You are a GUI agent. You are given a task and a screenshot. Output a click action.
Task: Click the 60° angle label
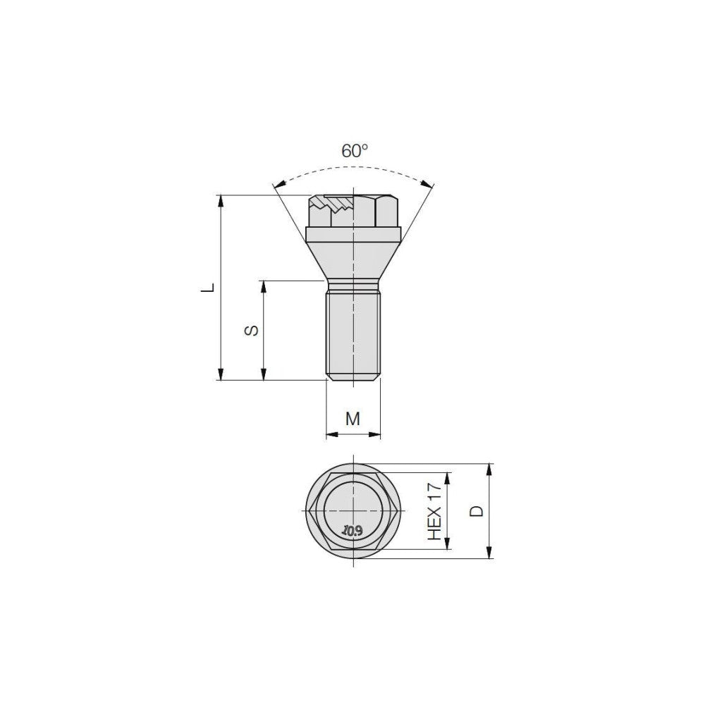355,151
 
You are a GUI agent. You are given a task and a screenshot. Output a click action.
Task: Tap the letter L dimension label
207,288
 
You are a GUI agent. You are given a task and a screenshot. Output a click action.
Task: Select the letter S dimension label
252,330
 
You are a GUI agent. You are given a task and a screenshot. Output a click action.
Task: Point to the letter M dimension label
353,419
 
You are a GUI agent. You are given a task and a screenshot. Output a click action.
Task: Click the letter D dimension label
476,511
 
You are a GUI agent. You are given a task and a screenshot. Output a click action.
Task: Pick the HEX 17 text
435,511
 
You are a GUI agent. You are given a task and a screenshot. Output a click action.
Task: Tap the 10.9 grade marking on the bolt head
352,531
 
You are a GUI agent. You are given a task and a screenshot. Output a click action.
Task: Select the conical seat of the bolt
353,260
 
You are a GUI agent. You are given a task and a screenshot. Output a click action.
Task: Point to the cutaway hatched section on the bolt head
334,204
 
